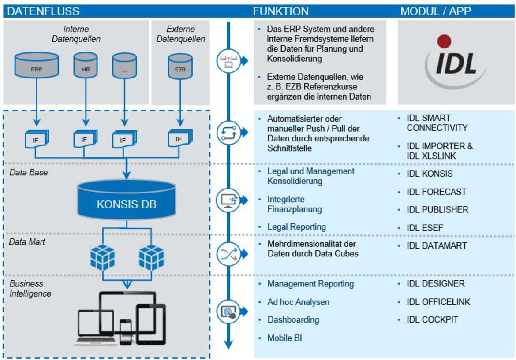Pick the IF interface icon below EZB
tap(180, 138)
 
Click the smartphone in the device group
tap(126, 331)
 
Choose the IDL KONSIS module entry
tap(430, 174)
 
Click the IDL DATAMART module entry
tap(436, 246)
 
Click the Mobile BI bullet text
tap(285, 338)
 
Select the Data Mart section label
tap(27, 242)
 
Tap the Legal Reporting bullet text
tap(297, 227)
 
